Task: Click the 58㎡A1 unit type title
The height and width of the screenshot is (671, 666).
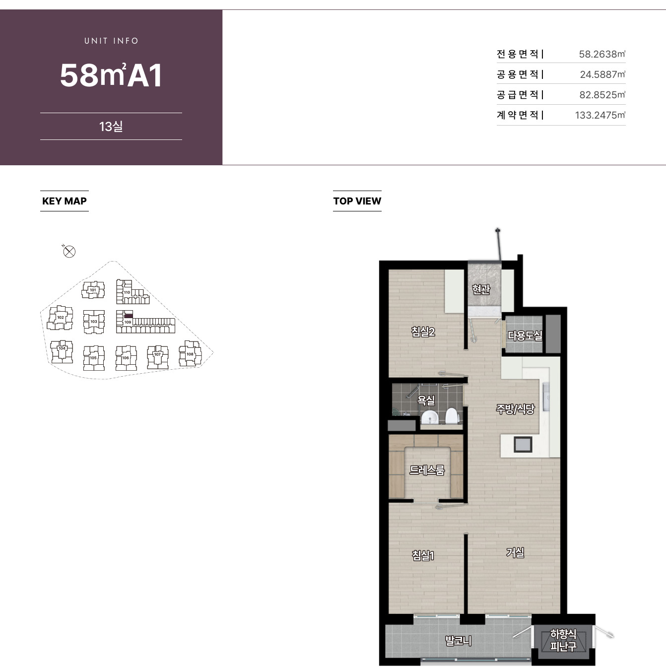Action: tap(111, 75)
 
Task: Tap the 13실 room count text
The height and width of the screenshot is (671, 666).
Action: tap(111, 127)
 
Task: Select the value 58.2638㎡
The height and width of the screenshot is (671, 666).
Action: tap(602, 54)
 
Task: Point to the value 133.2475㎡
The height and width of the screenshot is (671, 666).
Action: tap(600, 115)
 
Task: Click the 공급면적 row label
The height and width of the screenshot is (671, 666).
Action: tap(520, 95)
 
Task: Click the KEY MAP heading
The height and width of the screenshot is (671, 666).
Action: tap(65, 201)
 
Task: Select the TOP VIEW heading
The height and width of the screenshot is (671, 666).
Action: tap(357, 201)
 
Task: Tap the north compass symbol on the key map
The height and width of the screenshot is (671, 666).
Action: tap(69, 251)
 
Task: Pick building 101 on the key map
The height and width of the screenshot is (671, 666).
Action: tap(93, 290)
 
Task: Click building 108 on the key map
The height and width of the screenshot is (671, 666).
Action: tap(190, 354)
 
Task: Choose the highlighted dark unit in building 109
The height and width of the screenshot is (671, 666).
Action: tap(129, 316)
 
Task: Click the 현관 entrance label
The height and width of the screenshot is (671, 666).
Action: tap(481, 289)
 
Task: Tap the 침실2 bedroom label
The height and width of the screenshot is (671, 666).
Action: tap(423, 332)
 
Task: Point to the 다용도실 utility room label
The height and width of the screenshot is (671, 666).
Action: tap(525, 335)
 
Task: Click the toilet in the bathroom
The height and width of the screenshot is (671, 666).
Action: tap(452, 416)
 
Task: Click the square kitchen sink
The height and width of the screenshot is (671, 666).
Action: tap(523, 444)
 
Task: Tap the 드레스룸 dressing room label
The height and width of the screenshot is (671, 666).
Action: tap(427, 470)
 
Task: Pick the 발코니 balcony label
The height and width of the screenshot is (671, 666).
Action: tap(459, 640)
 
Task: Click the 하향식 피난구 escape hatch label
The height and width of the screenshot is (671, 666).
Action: tap(563, 640)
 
